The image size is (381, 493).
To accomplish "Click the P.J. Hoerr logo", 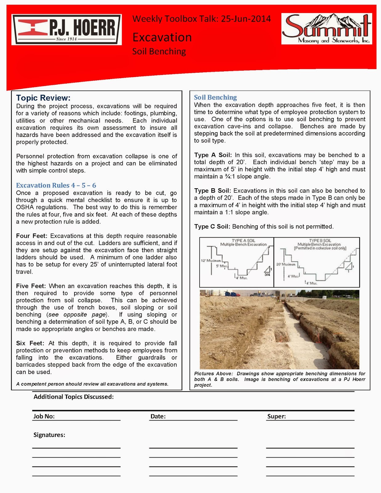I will point(67,30).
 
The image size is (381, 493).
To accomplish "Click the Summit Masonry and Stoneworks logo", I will point(326,29).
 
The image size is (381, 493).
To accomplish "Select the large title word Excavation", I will point(162,37).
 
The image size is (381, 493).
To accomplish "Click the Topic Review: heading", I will point(43,98).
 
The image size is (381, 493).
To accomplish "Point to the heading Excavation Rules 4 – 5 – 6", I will point(56,185).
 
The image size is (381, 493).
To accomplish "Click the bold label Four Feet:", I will point(31,236).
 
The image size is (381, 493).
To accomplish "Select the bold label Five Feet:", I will point(31,286).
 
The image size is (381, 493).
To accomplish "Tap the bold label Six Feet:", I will point(30,343).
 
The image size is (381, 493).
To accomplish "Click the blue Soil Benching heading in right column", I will point(215,97).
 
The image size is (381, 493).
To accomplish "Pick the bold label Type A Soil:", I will point(213,155).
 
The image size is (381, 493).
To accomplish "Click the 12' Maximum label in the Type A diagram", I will point(211,261).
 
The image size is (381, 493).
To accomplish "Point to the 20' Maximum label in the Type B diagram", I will point(286,264).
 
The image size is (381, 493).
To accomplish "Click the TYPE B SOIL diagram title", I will point(320,240).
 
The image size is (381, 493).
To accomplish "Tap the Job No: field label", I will point(44,416).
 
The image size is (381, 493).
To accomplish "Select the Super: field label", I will point(277,416).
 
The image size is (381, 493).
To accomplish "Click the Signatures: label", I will point(49,435).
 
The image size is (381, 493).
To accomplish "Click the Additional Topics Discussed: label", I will point(74,397).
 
